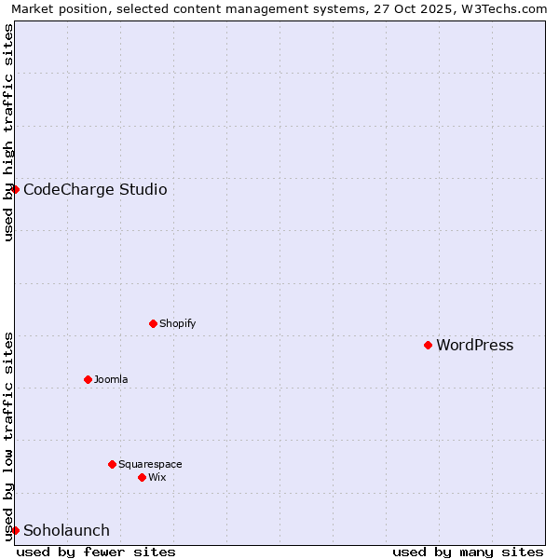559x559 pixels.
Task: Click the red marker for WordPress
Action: (428, 345)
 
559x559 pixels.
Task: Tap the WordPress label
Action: (474, 346)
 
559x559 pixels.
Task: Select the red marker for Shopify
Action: (153, 323)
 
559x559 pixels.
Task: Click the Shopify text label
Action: (177, 324)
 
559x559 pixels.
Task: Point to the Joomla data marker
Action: (88, 379)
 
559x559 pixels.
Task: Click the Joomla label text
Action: (111, 380)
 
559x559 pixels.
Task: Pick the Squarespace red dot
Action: (112, 464)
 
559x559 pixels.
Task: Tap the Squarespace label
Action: (150, 465)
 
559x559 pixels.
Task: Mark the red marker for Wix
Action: (142, 477)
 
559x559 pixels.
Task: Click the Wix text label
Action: (157, 478)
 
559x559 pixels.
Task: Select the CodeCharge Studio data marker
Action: (15, 189)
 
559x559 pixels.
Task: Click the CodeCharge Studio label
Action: (95, 190)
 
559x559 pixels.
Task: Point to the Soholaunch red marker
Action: (15, 530)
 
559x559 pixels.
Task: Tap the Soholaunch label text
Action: (66, 531)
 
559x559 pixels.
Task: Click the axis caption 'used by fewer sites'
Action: (96, 552)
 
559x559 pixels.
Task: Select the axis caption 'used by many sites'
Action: (468, 552)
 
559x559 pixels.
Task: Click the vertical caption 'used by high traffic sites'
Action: (8, 132)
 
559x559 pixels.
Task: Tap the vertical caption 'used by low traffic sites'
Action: (8, 435)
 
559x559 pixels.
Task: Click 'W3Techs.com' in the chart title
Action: (504, 8)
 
